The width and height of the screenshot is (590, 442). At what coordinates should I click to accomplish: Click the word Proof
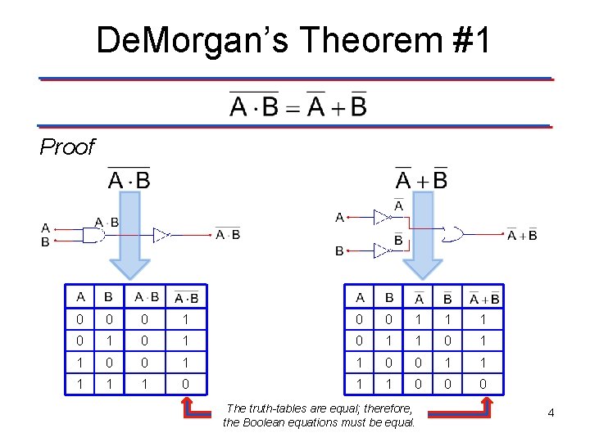point(67,147)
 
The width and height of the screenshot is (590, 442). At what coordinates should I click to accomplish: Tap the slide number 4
point(551,413)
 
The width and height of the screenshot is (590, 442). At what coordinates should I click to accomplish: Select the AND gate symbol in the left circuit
point(93,235)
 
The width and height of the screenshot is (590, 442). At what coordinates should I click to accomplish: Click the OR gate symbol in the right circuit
point(452,234)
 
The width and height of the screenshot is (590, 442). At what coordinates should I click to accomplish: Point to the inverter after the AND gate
point(161,236)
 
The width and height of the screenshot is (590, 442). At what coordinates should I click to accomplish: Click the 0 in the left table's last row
point(187,382)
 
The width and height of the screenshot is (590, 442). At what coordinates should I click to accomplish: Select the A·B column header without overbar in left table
point(147,297)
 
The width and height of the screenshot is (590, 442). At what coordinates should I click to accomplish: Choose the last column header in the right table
point(484,298)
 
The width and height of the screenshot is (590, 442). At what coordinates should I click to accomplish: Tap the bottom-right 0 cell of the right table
point(484,382)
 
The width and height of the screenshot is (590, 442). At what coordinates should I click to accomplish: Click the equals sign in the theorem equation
point(293,107)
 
